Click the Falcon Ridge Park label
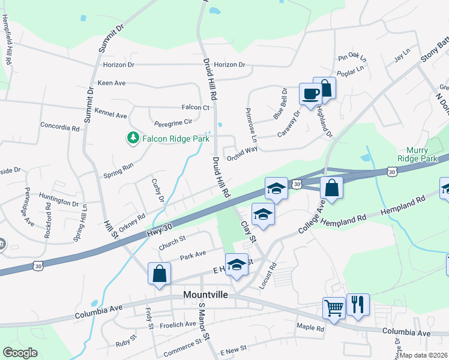(175, 139)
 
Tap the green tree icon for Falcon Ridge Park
(133, 139)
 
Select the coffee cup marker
(310, 95)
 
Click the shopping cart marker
(334, 308)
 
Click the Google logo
(20, 353)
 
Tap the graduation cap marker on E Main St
(237, 264)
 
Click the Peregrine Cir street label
(171, 121)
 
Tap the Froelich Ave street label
(178, 324)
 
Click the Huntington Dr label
(59, 196)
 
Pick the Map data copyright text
(424, 355)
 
